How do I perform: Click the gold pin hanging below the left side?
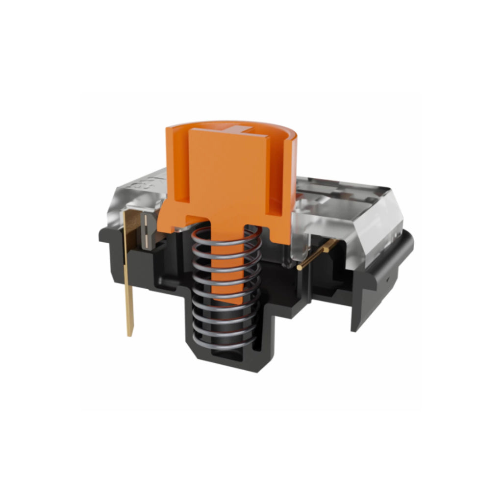point(129,275)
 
